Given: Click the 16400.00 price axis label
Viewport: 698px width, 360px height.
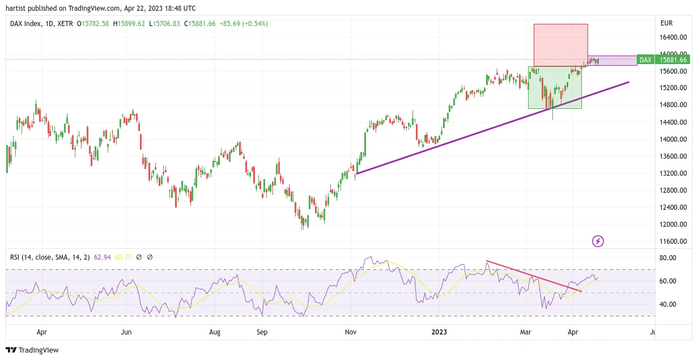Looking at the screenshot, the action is (673, 37).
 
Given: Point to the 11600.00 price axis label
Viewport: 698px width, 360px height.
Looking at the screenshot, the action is (673, 242).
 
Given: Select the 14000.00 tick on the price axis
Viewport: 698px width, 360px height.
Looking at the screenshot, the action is (673, 139).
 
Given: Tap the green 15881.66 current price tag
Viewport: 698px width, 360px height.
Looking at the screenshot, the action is (673, 60).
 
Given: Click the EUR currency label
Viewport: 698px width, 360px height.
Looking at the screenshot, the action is (666, 23).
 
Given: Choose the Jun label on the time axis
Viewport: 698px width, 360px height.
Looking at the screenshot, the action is (126, 332).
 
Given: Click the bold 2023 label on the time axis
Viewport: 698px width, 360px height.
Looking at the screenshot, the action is (439, 332).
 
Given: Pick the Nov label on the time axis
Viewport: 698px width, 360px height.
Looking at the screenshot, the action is (351, 332).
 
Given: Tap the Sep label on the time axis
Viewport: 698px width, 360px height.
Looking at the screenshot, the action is (262, 332).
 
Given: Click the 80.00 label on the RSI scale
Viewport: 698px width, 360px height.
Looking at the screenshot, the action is (668, 258).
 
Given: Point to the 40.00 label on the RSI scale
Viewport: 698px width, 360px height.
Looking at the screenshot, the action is (668, 304).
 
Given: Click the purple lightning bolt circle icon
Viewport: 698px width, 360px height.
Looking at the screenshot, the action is (598, 242).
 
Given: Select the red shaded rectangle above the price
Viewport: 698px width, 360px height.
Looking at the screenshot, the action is (561, 45).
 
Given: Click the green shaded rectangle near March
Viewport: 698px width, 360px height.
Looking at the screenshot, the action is (555, 87).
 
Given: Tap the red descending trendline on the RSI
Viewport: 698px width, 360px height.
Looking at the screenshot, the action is (534, 276).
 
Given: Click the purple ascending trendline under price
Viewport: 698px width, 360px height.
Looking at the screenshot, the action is (493, 128).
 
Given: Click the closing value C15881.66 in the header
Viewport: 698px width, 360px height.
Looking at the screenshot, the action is (200, 24).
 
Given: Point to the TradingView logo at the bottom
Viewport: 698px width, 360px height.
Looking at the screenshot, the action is (32, 350).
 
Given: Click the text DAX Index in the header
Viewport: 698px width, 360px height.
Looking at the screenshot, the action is (25, 24).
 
